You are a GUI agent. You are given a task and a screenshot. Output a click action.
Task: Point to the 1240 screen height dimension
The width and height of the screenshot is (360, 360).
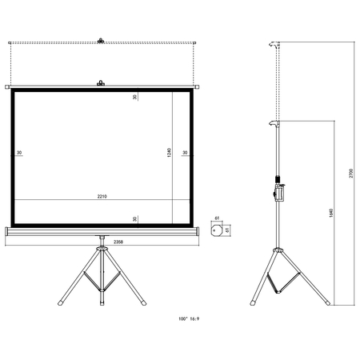(170, 152)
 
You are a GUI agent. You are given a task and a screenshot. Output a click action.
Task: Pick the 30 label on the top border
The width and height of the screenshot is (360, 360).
(135, 97)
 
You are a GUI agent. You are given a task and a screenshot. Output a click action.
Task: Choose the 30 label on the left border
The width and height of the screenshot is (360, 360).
(18, 153)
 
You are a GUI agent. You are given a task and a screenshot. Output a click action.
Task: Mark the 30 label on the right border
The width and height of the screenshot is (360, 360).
(185, 153)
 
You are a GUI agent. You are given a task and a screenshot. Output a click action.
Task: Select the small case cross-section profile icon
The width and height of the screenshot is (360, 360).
(216, 229)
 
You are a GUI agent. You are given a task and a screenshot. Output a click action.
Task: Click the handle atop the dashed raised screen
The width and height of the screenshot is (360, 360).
(100, 39)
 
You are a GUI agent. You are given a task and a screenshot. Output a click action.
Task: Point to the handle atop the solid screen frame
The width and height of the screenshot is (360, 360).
(100, 82)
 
